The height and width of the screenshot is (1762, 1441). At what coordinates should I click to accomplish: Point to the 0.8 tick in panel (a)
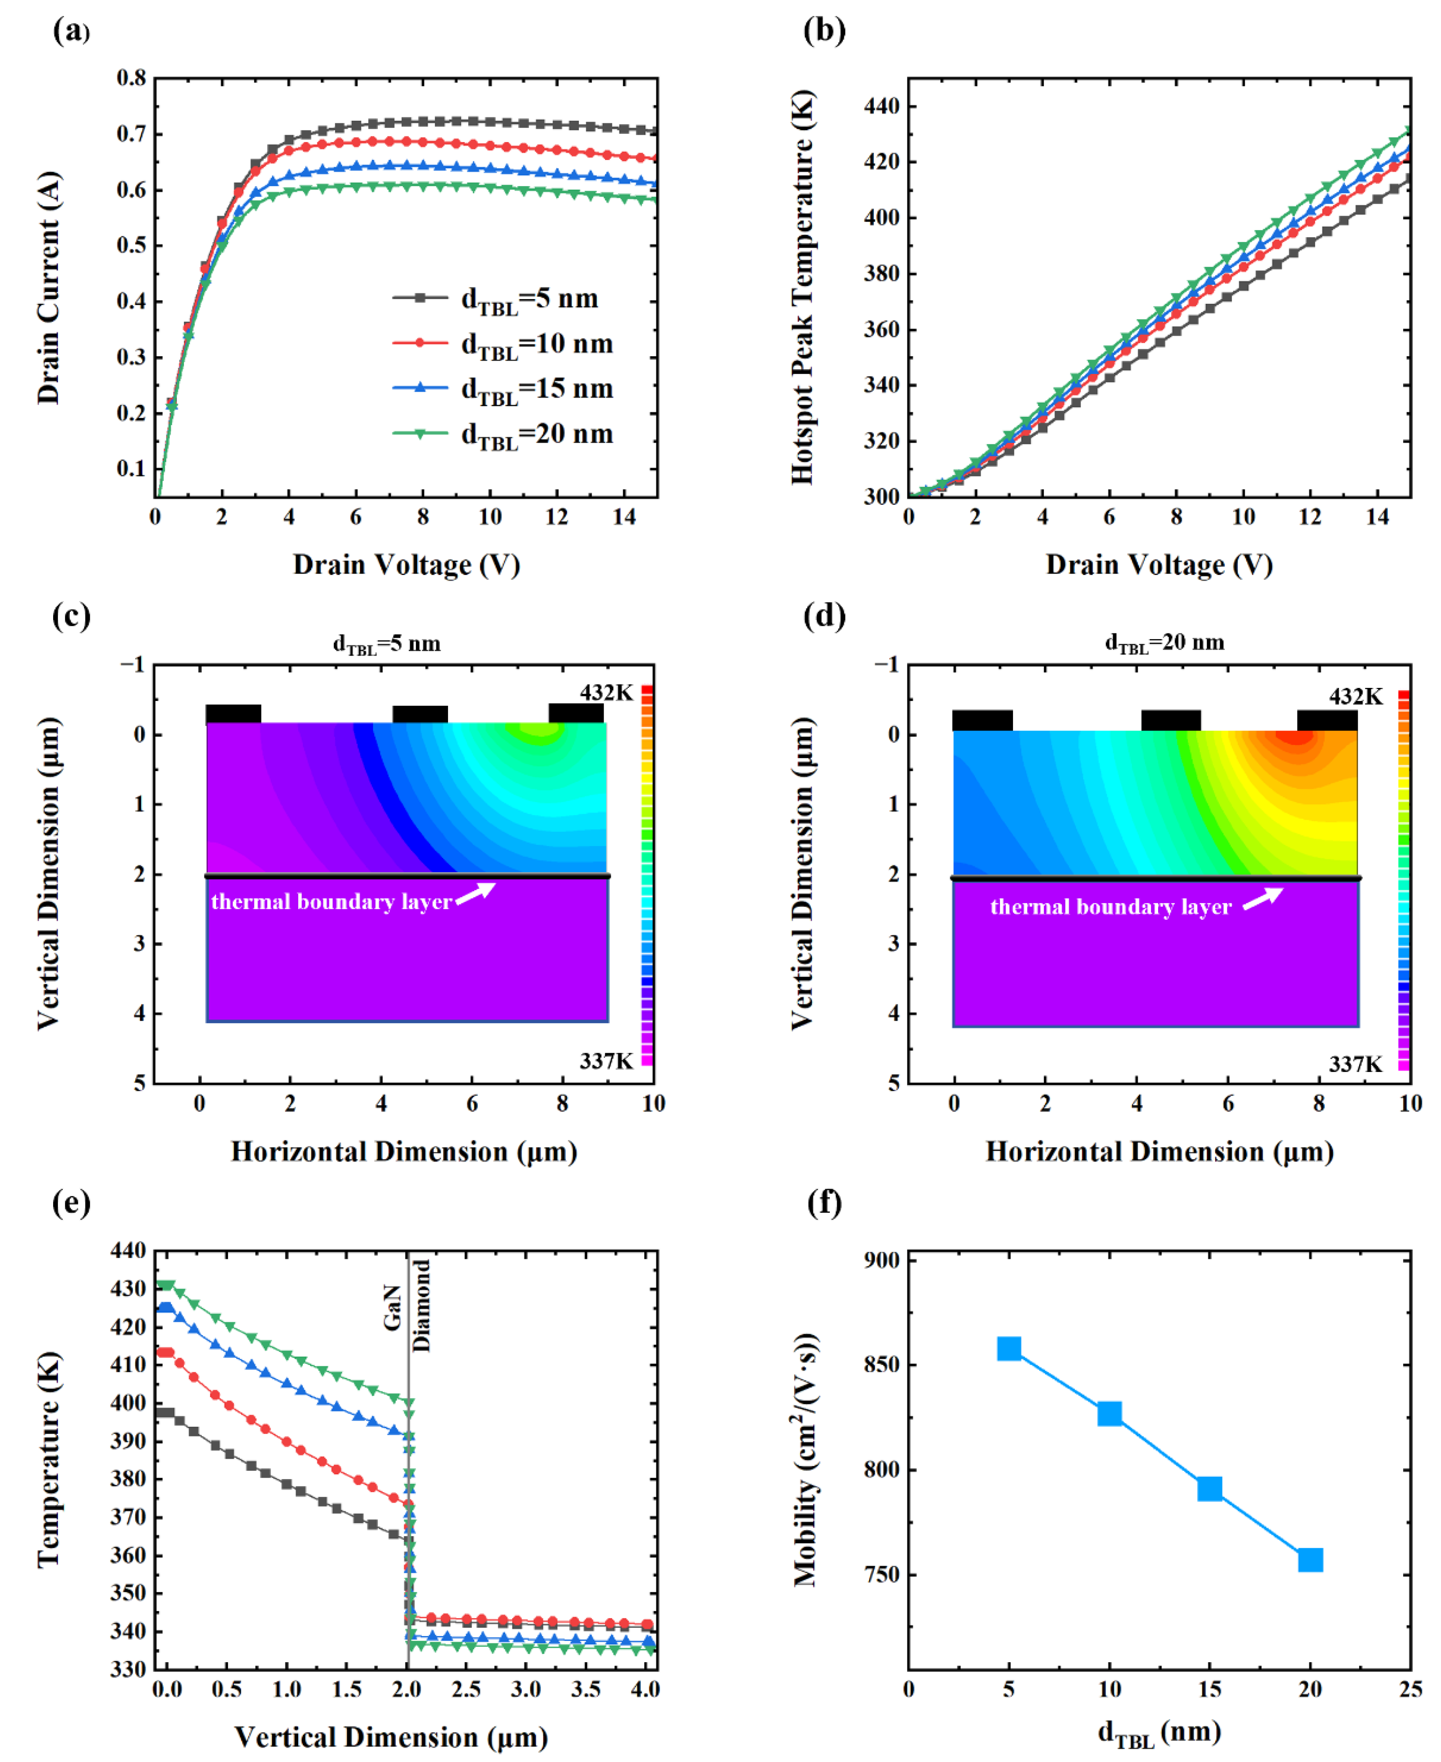(131, 78)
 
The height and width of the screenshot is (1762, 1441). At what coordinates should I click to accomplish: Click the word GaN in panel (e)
(393, 1307)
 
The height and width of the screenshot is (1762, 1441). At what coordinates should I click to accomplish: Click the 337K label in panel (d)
(1355, 1064)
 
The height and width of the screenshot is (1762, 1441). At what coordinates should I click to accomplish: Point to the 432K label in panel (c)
(606, 692)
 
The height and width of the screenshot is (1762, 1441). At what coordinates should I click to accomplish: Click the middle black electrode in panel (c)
(420, 714)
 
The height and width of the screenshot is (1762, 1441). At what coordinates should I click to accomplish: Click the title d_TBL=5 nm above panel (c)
(387, 644)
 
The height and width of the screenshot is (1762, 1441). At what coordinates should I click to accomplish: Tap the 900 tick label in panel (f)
(881, 1260)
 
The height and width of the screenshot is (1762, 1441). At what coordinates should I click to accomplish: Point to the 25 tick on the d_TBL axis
(1410, 1688)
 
